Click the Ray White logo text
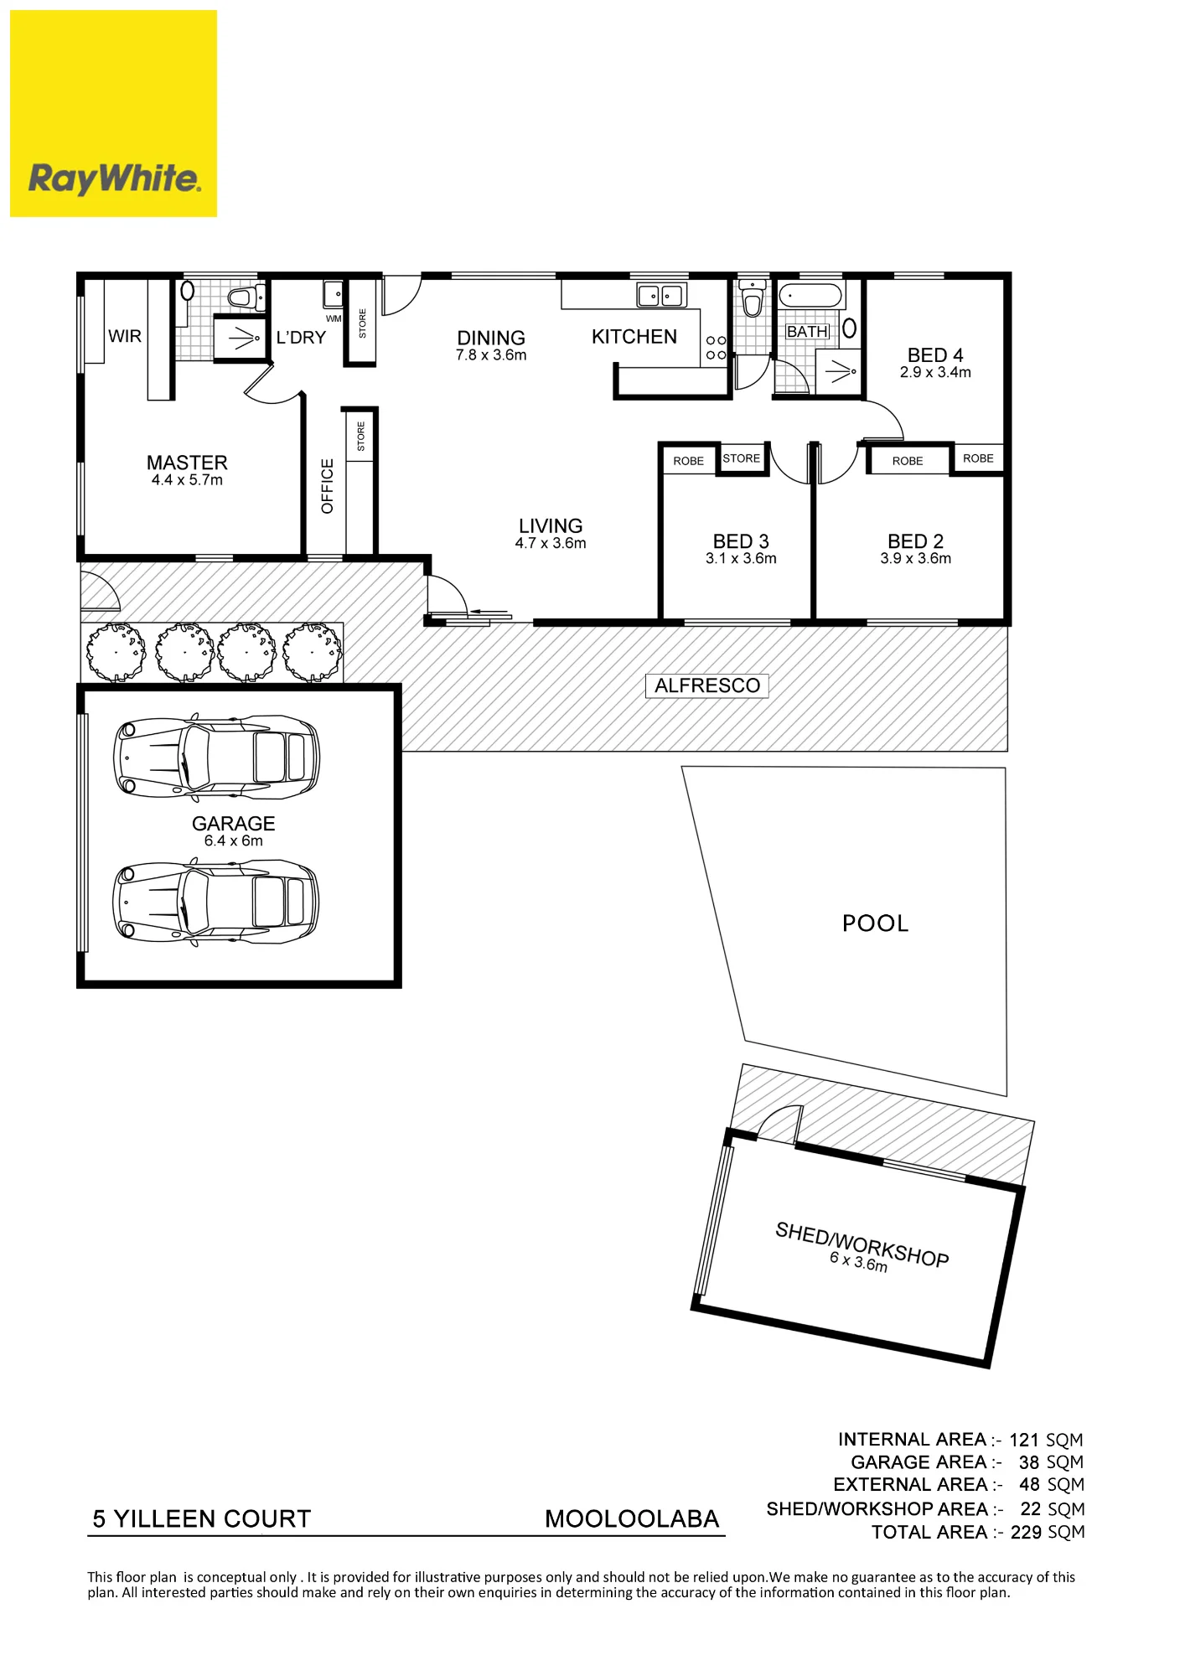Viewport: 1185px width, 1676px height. (114, 178)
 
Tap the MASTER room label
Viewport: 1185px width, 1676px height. (187, 463)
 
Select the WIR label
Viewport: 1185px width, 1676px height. (125, 336)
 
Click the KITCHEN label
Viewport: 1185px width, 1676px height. (634, 337)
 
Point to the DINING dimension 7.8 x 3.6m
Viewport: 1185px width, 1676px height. (491, 355)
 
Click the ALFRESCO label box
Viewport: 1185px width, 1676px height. (707, 685)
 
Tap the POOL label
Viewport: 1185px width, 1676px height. (876, 923)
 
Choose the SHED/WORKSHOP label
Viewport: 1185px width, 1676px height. (862, 1244)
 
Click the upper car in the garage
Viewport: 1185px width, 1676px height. (217, 757)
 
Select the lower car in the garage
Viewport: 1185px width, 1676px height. (216, 903)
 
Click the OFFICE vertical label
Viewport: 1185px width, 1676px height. (328, 486)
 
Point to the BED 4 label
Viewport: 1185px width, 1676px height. (935, 355)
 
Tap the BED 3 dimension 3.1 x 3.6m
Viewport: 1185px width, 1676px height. (741, 559)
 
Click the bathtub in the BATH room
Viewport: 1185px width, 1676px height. (810, 296)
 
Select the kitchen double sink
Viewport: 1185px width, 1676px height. (661, 295)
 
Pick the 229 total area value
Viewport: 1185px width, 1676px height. (1026, 1532)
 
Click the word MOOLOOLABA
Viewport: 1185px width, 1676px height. (632, 1518)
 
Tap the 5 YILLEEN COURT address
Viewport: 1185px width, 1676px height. (202, 1518)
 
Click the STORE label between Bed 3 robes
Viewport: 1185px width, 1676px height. (742, 458)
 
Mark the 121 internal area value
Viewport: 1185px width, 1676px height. (1024, 1440)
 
